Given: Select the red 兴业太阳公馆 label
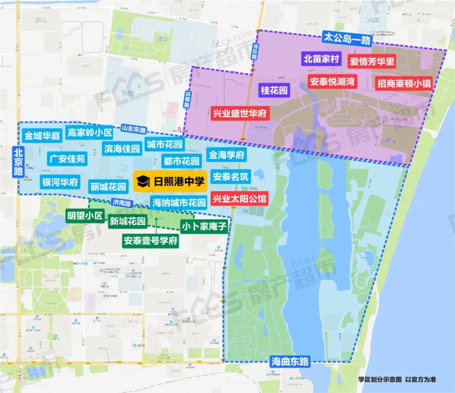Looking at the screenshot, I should coord(239,198).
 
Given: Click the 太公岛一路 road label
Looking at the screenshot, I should coord(346,39).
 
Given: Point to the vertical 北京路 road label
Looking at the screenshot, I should coord(18,161).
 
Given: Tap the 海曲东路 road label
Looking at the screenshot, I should coord(290,361).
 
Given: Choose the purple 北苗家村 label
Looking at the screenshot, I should coord(321,59).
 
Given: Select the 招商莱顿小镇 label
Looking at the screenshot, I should coord(404,83).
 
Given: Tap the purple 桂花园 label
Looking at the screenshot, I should coord(274,90).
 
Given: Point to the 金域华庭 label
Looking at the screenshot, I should coord(43,136).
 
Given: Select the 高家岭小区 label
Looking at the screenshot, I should coord(90,133).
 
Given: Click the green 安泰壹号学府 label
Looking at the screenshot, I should coord(150,241).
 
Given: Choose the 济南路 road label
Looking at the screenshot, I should coord(122,203).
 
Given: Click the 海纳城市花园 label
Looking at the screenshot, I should coord(179,201).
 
